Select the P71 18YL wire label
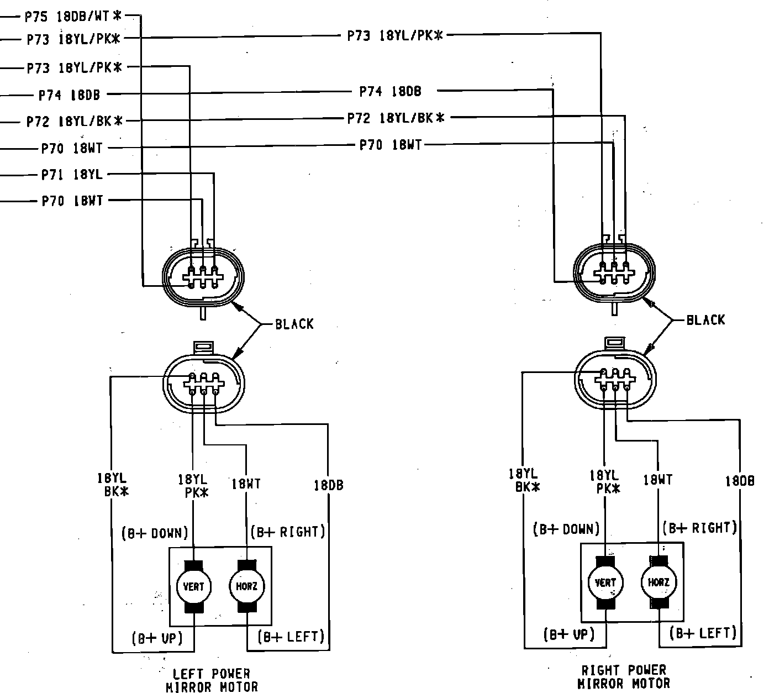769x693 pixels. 72,175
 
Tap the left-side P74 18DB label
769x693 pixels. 69,95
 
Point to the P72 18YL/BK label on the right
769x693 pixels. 396,118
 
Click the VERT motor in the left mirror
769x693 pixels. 193,586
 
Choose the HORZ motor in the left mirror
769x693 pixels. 246,586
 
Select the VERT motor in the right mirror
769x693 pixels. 605,582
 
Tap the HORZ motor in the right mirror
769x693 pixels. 659,582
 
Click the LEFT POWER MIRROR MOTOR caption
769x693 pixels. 212,680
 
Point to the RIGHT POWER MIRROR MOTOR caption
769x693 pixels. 624,677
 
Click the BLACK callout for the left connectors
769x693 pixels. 294,324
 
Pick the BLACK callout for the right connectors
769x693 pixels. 705,320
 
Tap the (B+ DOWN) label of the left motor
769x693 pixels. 155,533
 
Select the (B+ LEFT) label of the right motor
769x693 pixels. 703,633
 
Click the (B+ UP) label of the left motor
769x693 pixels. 156,638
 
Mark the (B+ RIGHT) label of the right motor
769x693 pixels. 700,528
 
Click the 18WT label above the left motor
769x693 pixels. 246,485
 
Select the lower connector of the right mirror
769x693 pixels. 615,381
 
